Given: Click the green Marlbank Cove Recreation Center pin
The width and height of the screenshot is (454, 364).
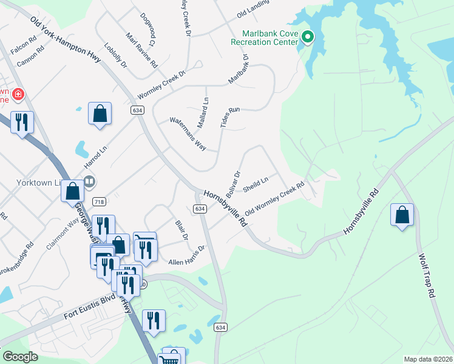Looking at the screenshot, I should pyautogui.click(x=307, y=38).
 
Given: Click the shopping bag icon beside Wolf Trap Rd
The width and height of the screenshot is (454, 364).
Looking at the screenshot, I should pyautogui.click(x=402, y=215).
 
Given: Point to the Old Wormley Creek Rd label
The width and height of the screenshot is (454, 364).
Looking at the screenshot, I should pyautogui.click(x=274, y=199).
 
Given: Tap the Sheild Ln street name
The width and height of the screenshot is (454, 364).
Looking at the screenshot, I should pyautogui.click(x=256, y=184).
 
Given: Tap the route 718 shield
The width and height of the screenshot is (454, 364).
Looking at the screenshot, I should pyautogui.click(x=99, y=201).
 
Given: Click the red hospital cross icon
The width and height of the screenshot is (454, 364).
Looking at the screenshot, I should pyautogui.click(x=18, y=95).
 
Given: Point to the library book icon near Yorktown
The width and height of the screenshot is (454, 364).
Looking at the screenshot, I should pyautogui.click(x=89, y=181).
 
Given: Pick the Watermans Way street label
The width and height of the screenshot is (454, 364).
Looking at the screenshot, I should pyautogui.click(x=188, y=134).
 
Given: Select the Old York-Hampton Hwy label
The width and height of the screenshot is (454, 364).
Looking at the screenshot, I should pyautogui.click(x=66, y=41).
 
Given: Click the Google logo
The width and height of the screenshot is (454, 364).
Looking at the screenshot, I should pyautogui.click(x=20, y=357).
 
